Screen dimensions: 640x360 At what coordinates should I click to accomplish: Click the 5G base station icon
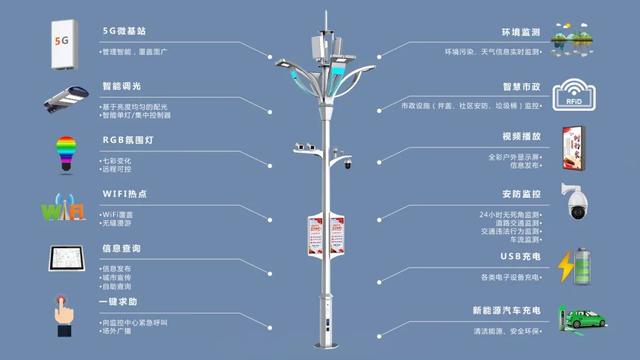coord(62,44)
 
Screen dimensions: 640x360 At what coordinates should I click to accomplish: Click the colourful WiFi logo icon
coord(62,209)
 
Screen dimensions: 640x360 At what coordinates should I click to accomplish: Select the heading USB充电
coord(521,257)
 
